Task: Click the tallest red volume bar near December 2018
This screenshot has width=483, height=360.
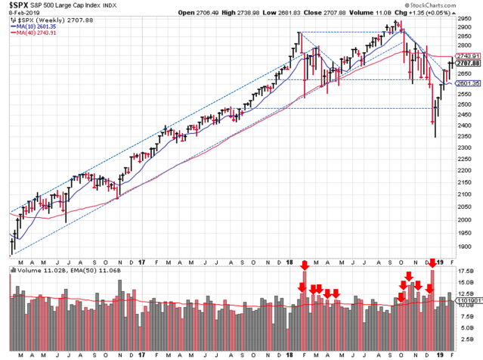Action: click(x=432, y=303)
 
